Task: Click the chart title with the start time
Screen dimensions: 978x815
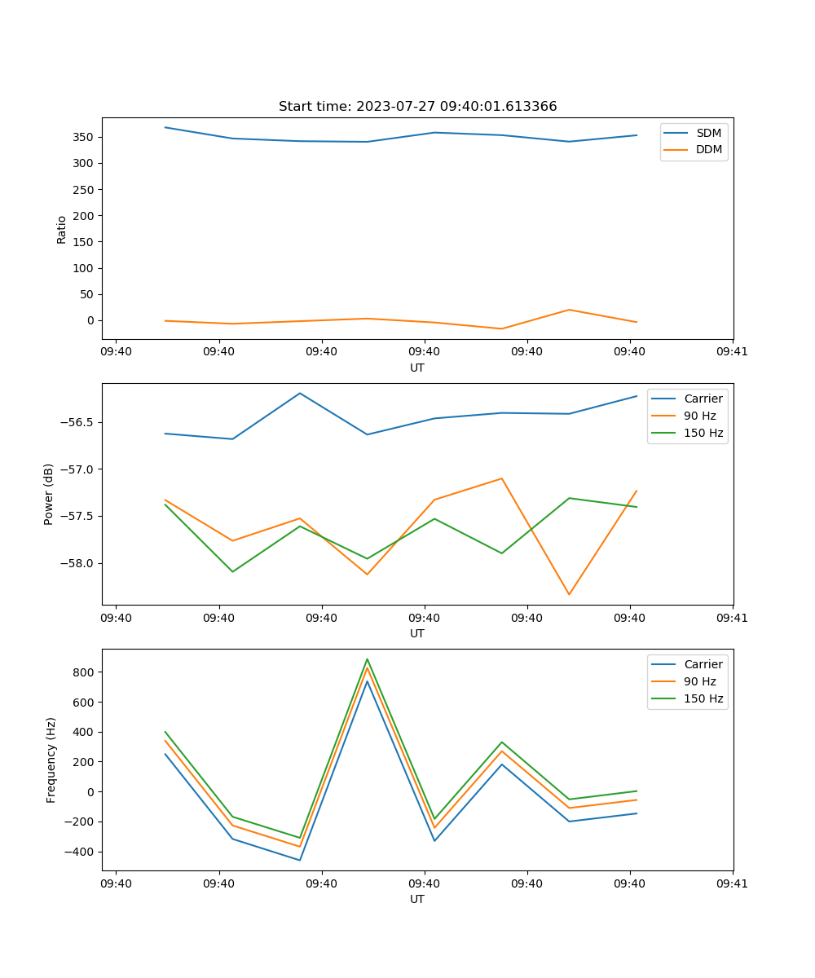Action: tap(417, 107)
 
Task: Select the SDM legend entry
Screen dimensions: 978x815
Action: tap(708, 133)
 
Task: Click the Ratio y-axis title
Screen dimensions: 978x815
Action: tap(62, 229)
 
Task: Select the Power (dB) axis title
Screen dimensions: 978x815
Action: tap(49, 494)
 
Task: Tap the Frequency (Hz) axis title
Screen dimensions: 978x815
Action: tap(51, 760)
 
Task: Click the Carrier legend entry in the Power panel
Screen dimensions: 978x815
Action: tap(703, 399)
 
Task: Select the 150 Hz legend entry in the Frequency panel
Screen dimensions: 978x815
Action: tap(703, 698)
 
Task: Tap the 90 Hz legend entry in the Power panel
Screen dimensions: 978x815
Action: tap(699, 416)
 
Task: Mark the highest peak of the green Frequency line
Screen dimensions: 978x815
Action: tap(368, 659)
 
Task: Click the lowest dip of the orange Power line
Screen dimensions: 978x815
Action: tap(569, 594)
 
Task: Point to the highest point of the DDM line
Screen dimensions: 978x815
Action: tap(569, 310)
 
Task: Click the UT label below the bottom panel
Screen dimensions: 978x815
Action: tap(417, 899)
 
